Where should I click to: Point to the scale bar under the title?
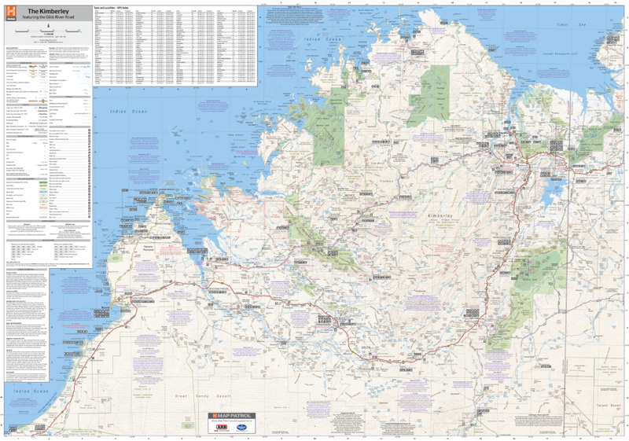click(x=48, y=30)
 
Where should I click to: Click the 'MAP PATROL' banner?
click(x=234, y=414)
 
